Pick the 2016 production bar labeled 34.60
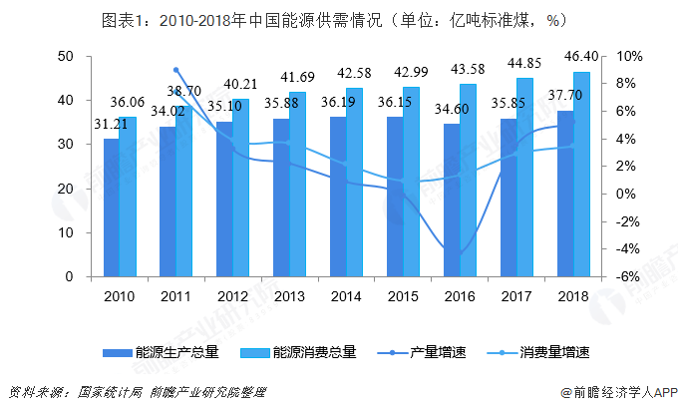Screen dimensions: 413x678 click(x=452, y=200)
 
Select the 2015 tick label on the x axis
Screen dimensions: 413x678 click(x=403, y=295)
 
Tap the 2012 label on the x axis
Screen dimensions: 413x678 click(x=232, y=295)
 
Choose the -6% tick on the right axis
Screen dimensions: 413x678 click(x=626, y=277)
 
